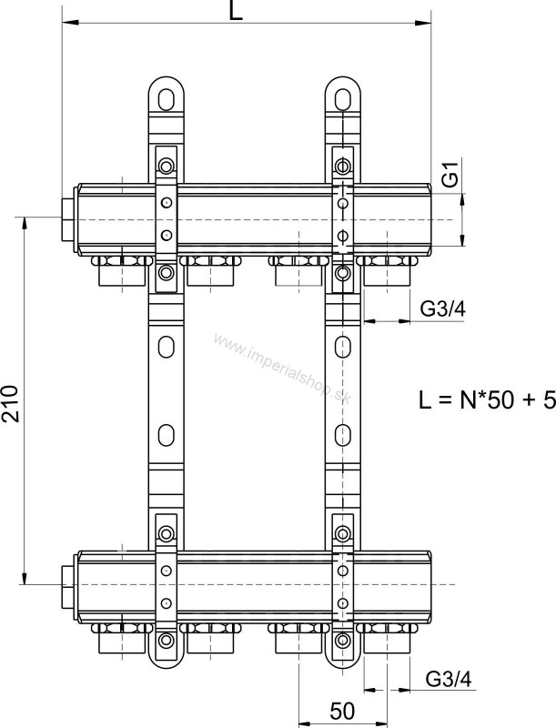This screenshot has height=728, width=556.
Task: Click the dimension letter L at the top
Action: pos(236,10)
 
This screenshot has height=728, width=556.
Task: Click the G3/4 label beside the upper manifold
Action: pos(442,308)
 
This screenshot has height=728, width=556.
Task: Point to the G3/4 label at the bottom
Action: pos(449,679)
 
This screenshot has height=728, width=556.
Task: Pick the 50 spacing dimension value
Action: pos(342,711)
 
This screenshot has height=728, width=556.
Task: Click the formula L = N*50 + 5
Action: pos(487,399)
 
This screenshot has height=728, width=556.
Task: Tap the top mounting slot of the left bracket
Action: pos(167,99)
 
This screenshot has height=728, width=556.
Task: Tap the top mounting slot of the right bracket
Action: pos(342,99)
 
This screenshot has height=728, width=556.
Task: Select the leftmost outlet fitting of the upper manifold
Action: pos(122,270)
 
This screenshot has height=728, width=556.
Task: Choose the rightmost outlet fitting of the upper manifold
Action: pos(386,270)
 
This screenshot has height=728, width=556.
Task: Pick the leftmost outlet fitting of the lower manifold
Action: pos(122,639)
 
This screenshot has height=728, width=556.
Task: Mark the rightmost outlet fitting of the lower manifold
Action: pos(386,639)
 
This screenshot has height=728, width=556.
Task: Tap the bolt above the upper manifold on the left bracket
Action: pos(167,166)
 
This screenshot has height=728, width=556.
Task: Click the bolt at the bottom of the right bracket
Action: pos(342,640)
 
